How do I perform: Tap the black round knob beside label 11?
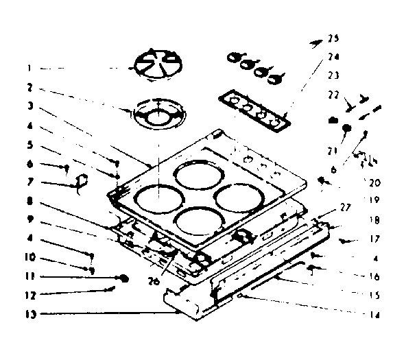[124, 278]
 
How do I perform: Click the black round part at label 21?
[347, 128]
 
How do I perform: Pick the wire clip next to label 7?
[80, 181]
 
